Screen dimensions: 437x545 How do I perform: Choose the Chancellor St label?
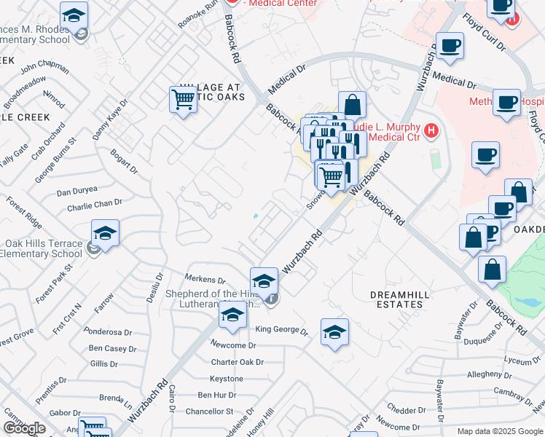point(208,412)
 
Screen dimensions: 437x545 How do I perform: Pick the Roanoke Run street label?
point(197,15)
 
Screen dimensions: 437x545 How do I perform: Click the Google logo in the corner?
point(24,428)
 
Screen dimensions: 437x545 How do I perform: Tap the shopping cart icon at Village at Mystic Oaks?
point(184,99)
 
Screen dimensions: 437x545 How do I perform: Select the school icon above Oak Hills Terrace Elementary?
point(105,234)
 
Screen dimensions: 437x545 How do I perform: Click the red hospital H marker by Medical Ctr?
point(432,131)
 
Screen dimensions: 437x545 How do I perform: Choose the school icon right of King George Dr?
point(334,332)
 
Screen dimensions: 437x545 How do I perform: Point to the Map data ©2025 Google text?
point(499,431)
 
